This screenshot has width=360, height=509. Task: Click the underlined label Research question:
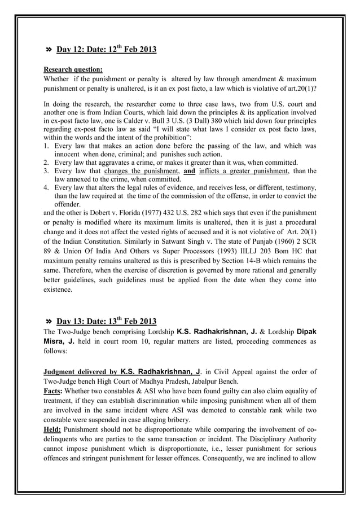click(x=73, y=69)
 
